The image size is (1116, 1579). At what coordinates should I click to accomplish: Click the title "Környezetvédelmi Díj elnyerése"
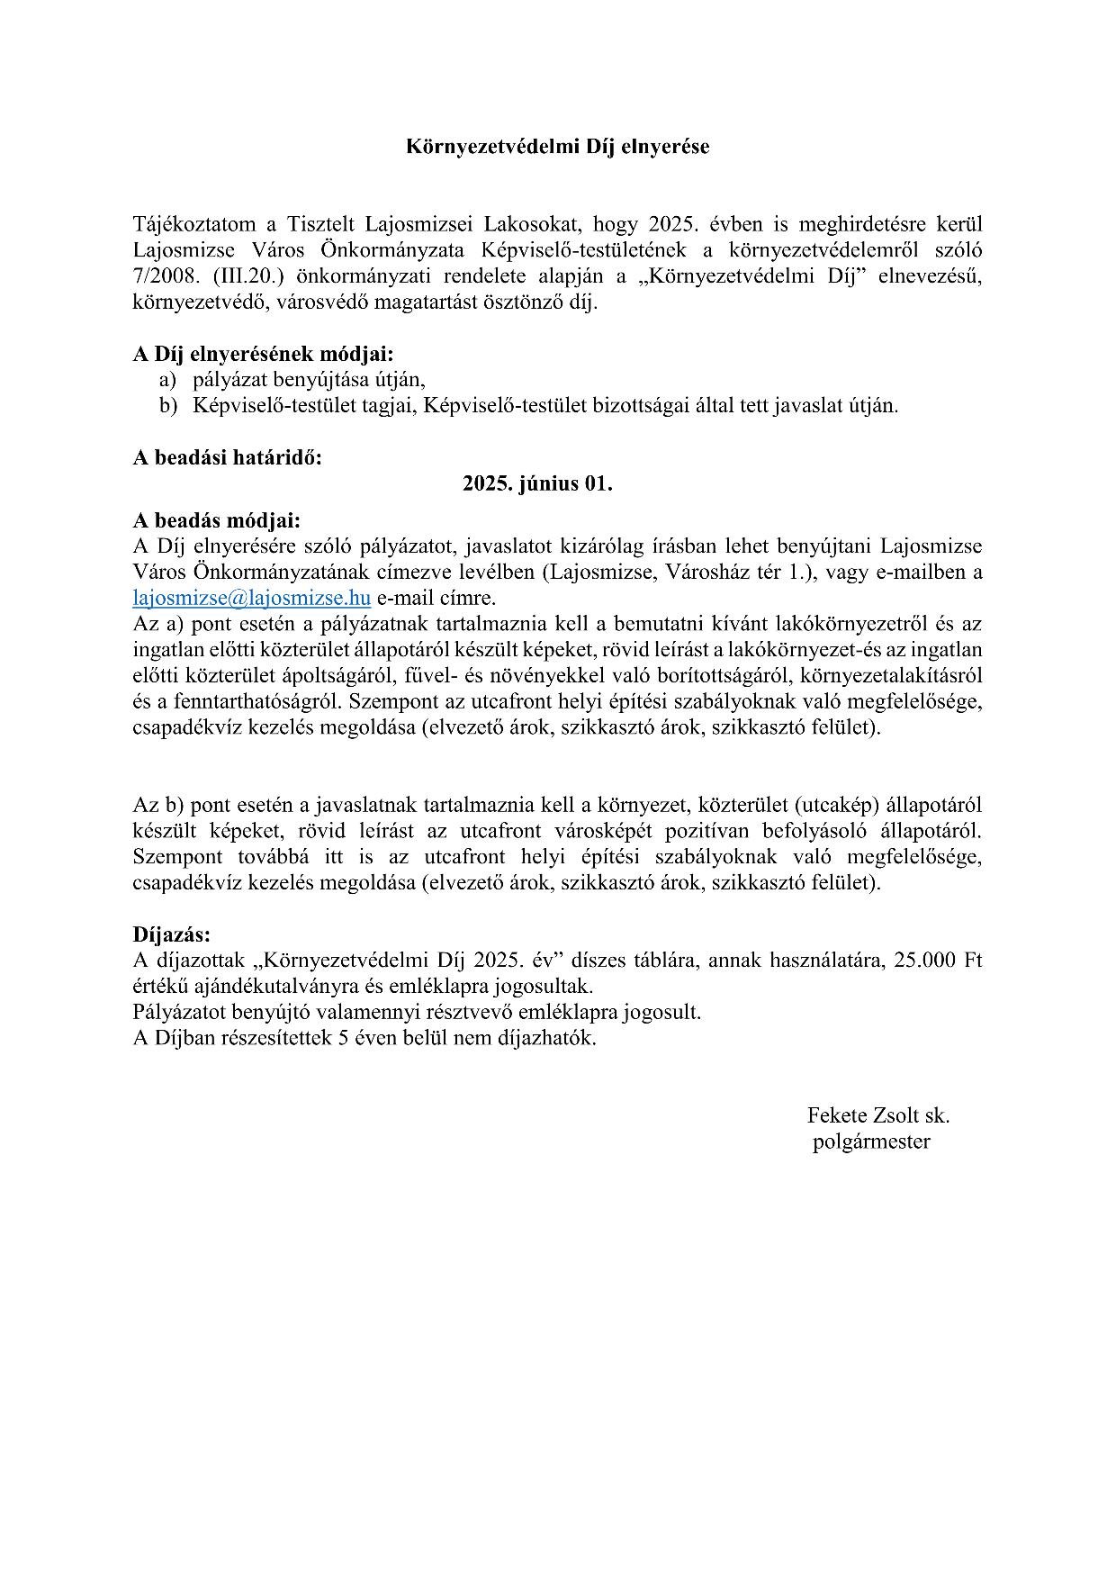coord(557,147)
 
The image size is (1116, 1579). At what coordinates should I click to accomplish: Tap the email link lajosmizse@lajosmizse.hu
coord(252,598)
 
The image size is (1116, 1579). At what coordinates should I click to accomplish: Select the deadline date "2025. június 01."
coord(537,483)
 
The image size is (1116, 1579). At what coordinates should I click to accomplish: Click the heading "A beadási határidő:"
coord(227,457)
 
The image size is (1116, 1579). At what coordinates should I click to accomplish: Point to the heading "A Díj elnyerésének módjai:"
coord(263,354)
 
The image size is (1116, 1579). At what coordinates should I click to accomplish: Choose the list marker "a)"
coord(168,380)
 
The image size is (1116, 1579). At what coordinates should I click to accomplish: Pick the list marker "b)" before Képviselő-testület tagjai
coord(168,406)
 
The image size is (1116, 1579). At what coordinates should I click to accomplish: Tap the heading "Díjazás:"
coord(171,934)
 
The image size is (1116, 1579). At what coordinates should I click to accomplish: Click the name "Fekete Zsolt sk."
coord(878,1115)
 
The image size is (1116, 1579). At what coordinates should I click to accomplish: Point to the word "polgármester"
coord(871,1141)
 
